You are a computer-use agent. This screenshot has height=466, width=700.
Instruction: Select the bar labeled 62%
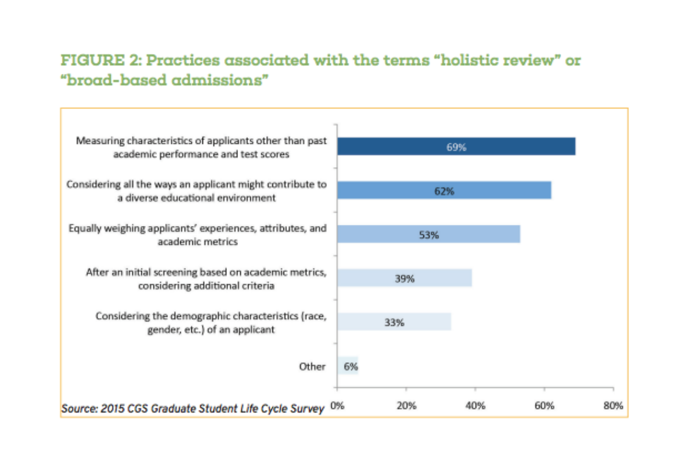coord(444,190)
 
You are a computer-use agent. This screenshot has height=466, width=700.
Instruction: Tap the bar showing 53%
coord(428,234)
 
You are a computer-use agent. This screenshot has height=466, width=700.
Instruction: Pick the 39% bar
coord(404,278)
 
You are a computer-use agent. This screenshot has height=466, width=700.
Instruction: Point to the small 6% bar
coord(348,366)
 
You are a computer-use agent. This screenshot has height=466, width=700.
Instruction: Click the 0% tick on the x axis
coord(337,406)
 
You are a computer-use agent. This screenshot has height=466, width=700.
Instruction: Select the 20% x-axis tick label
coord(406,406)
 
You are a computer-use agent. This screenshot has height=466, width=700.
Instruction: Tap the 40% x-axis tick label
coord(475,406)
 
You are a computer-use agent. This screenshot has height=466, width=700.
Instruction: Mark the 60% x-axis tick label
coord(544,406)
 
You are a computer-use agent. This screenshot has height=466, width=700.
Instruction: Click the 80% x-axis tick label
coord(614,406)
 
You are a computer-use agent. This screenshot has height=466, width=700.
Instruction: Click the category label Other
coord(312,366)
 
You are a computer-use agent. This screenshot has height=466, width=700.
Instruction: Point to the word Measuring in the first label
coord(97,140)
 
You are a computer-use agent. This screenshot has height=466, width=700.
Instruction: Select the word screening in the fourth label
coord(171,272)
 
